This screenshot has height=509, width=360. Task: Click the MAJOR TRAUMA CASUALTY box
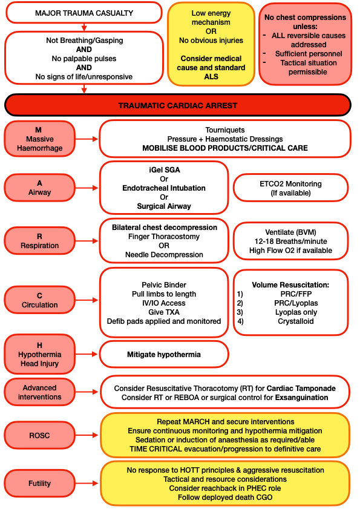coord(83,13)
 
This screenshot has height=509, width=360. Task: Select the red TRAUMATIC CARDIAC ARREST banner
coord(178,105)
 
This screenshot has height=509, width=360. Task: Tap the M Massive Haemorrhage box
coord(40,139)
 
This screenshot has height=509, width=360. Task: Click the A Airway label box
coord(40,188)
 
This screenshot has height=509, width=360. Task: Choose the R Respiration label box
coord(40,241)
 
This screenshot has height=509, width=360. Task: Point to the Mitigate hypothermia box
coord(163,354)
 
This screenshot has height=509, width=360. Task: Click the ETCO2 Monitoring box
coord(290,188)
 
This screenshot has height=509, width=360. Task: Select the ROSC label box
coord(40,433)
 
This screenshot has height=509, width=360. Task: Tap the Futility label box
coord(40,484)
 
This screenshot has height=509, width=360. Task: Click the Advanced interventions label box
coord(40,392)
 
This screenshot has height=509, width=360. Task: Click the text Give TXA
coord(164,311)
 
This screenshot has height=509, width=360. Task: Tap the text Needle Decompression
coord(164,255)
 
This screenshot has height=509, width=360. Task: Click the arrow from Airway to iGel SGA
coord(88,188)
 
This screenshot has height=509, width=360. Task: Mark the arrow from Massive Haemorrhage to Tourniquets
coord(88,139)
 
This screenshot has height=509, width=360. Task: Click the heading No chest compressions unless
coord(305,22)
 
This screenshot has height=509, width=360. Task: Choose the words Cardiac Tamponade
coord(301,388)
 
